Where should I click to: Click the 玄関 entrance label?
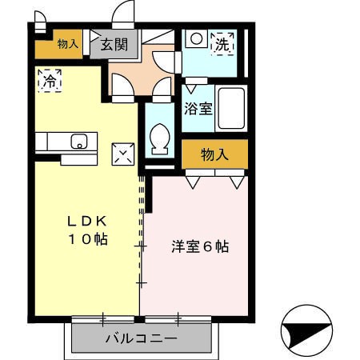click(114, 45)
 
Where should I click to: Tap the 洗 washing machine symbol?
click(222, 44)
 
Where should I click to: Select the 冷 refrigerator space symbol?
click(50, 81)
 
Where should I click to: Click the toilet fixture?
click(160, 138)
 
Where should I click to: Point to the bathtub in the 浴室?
click(231, 108)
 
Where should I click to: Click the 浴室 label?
click(198, 108)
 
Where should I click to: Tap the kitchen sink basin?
click(79, 142)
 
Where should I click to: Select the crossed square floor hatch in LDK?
click(123, 154)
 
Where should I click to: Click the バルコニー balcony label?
click(142, 338)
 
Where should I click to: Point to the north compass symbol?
click(306, 330)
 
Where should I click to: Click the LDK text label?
click(87, 221)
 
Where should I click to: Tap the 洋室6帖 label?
click(200, 247)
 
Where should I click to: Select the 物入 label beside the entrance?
click(68, 44)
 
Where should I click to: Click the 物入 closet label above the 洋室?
click(214, 154)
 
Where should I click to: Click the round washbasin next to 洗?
click(197, 38)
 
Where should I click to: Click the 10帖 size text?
click(88, 239)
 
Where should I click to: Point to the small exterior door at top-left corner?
click(40, 22)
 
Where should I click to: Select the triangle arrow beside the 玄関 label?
click(94, 36)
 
